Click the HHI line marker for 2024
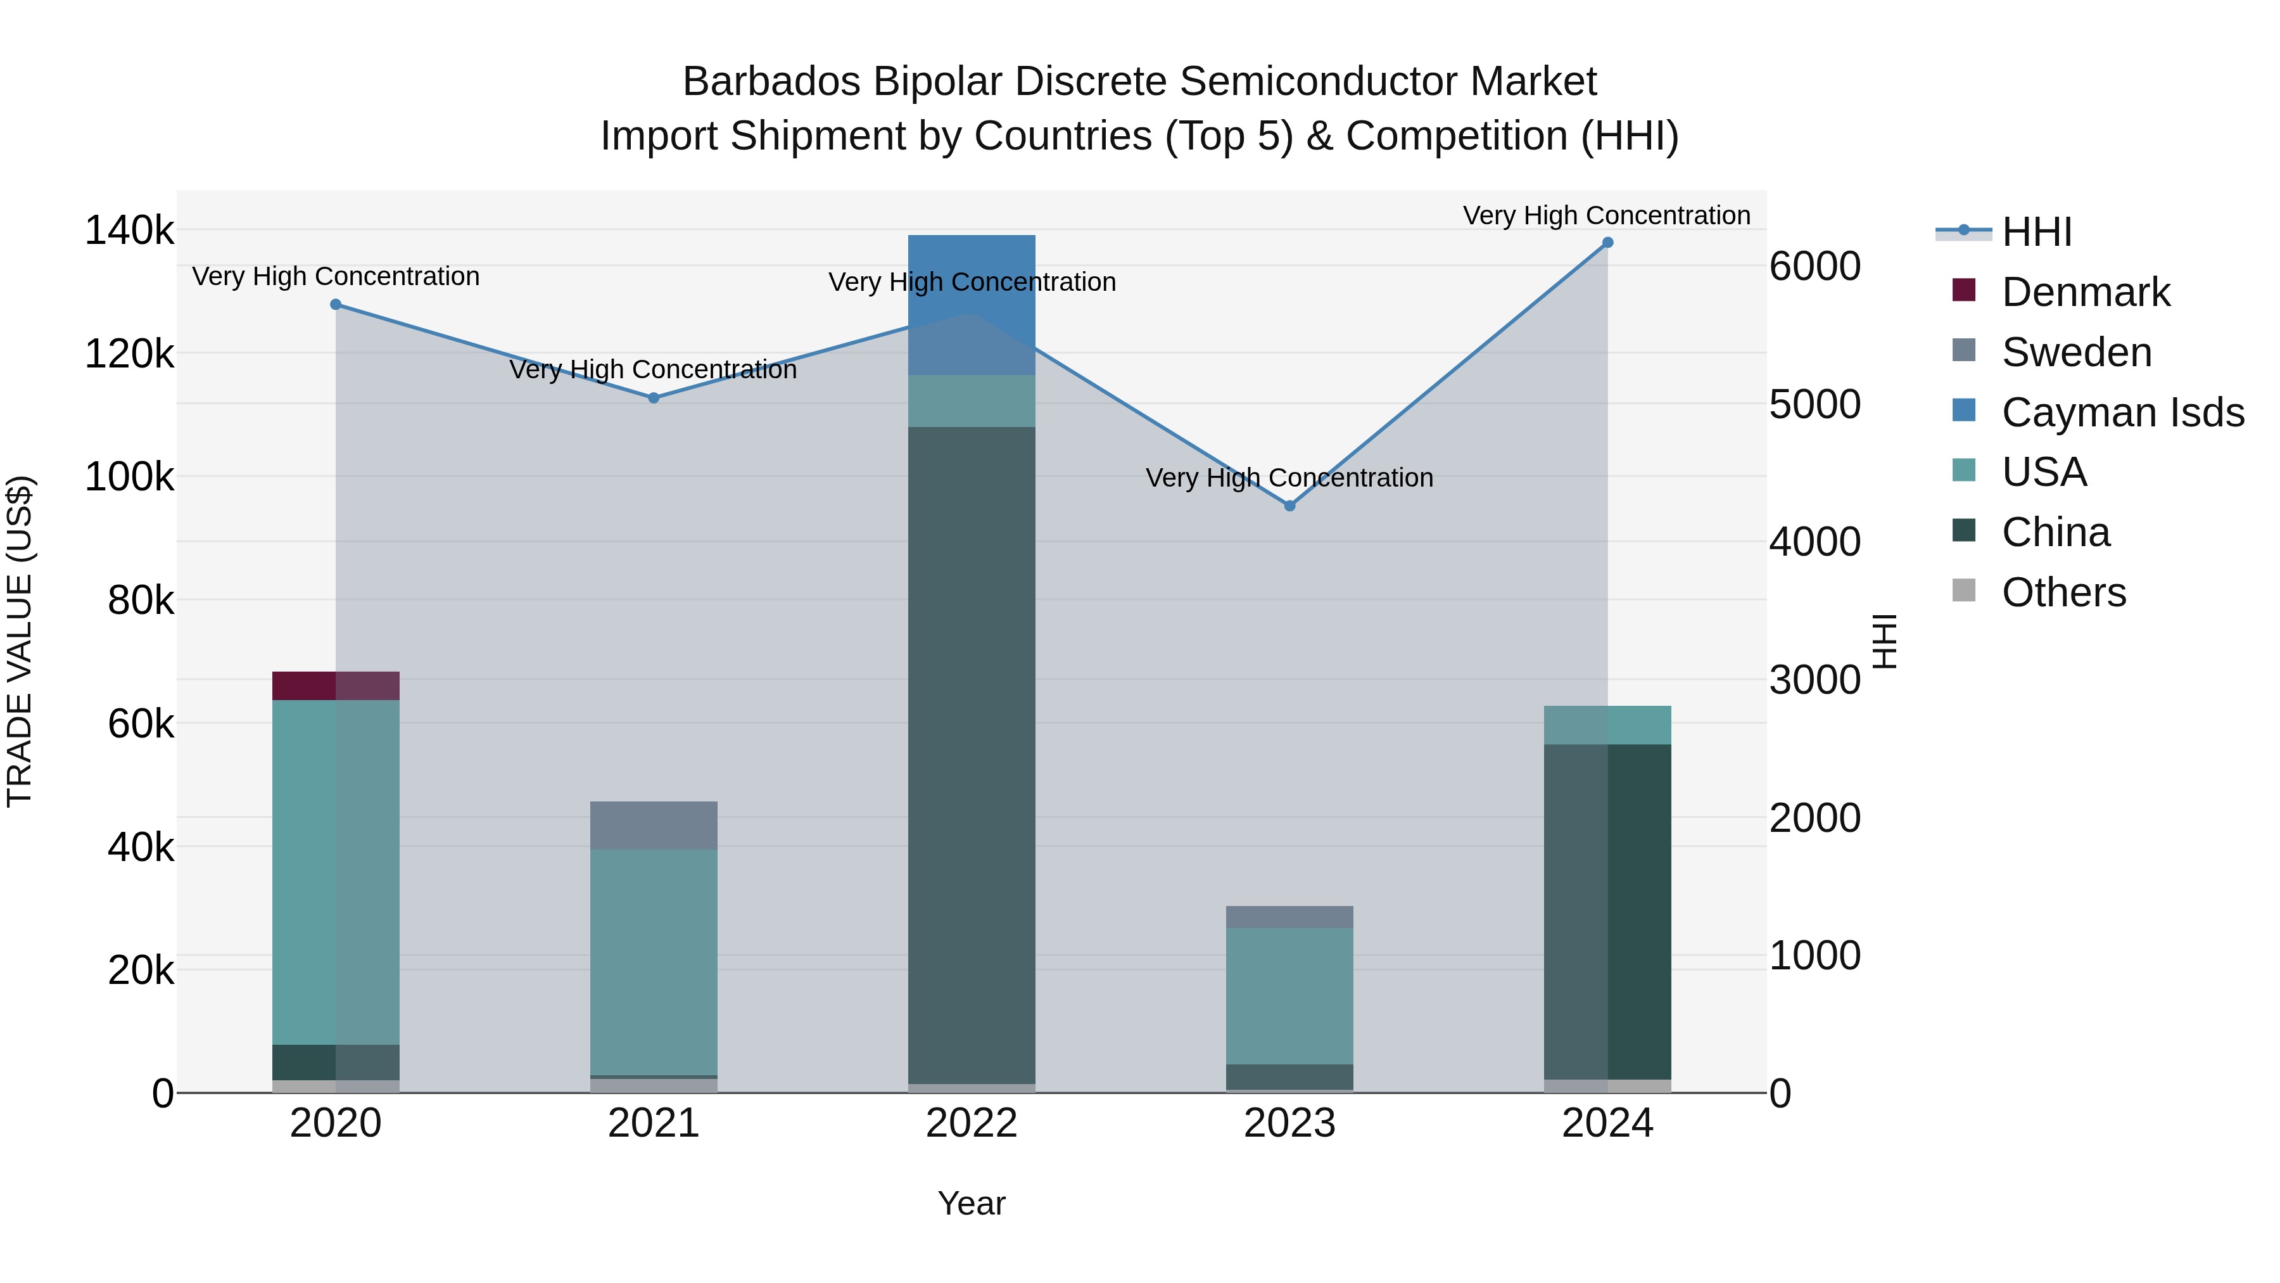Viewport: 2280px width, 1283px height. (1607, 243)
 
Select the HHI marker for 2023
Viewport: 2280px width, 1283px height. (1289, 506)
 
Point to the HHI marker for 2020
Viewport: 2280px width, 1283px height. (336, 305)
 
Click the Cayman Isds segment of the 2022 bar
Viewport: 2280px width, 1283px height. (971, 305)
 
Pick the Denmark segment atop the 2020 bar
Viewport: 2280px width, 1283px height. (336, 686)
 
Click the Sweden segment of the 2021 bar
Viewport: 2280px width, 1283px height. (653, 825)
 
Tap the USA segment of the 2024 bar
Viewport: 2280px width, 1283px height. (1607, 725)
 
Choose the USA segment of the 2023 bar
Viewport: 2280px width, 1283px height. (1289, 995)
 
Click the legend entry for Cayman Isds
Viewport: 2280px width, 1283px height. (2122, 412)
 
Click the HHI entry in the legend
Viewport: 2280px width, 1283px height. (2036, 232)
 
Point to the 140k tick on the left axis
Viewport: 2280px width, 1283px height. (129, 231)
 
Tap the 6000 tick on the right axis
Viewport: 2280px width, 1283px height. (1814, 267)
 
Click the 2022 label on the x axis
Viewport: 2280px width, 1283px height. (971, 1123)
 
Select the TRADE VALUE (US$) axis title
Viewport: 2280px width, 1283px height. (20, 642)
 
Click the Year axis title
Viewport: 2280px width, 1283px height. (971, 1203)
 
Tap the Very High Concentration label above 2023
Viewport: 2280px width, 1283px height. (1289, 478)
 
